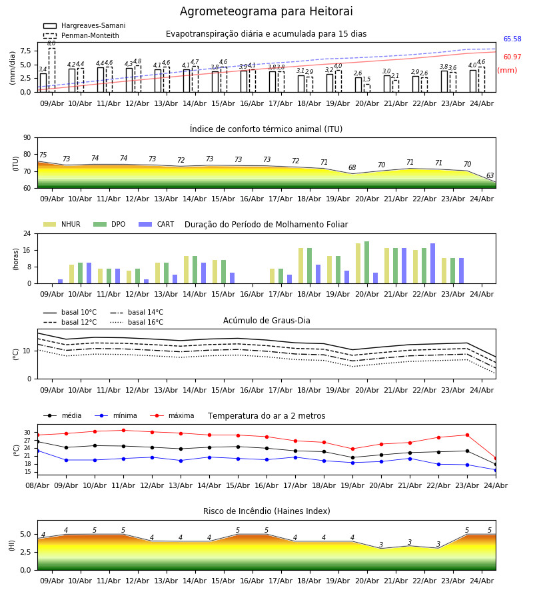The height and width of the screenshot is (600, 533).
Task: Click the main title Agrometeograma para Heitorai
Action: click(x=266, y=11)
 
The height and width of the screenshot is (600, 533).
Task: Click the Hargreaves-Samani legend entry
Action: click(x=85, y=25)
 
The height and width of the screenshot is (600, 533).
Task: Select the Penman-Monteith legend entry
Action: click(x=81, y=35)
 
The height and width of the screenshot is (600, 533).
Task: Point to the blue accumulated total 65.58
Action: click(x=512, y=39)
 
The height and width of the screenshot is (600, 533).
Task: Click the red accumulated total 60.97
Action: click(x=512, y=57)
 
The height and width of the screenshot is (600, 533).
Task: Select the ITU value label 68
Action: click(x=352, y=167)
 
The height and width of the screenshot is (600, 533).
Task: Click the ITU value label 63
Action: click(x=490, y=175)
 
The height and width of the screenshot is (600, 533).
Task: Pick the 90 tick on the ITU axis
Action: click(x=27, y=138)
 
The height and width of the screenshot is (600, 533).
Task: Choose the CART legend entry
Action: click(x=157, y=224)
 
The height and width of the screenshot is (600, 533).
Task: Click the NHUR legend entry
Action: click(x=62, y=224)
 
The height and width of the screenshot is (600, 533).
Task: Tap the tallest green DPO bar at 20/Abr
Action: click(x=366, y=263)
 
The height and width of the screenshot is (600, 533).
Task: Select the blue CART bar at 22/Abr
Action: click(x=433, y=263)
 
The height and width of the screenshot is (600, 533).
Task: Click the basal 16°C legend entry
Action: click(x=137, y=322)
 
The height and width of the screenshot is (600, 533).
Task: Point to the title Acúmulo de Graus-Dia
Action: click(x=266, y=321)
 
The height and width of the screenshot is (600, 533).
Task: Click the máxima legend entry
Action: click(x=172, y=415)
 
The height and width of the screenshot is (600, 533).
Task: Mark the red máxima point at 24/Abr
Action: click(x=496, y=458)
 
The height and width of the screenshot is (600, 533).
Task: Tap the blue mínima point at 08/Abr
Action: click(x=37, y=451)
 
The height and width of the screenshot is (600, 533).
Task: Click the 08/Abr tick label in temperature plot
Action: click(x=37, y=485)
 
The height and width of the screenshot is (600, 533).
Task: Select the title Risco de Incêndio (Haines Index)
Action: click(x=266, y=511)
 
